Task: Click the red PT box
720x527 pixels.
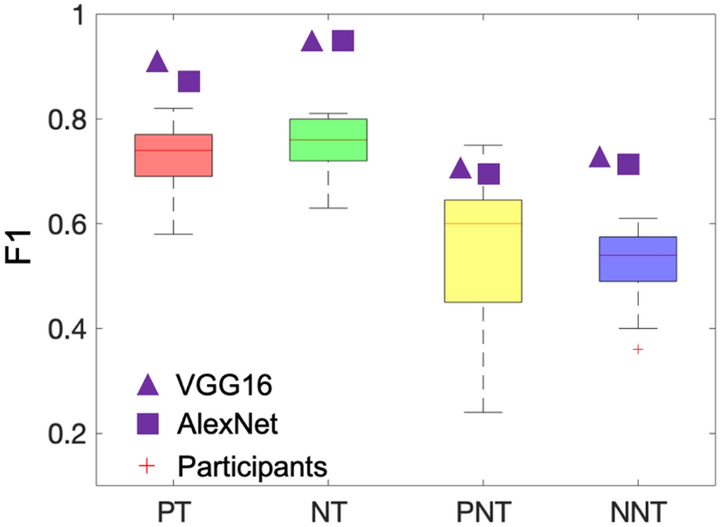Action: [173, 155]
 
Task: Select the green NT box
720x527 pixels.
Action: [328, 140]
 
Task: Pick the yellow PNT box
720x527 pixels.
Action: [483, 250]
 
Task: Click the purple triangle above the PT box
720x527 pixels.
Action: [157, 61]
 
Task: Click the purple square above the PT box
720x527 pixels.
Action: [189, 81]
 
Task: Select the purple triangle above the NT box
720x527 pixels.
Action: [312, 41]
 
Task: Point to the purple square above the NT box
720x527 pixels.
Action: [344, 41]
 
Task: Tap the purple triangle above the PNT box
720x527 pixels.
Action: [461, 168]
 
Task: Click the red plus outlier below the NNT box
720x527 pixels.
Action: [638, 349]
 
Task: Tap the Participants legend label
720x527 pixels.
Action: [252, 465]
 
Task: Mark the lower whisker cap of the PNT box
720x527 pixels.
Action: [483, 412]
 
